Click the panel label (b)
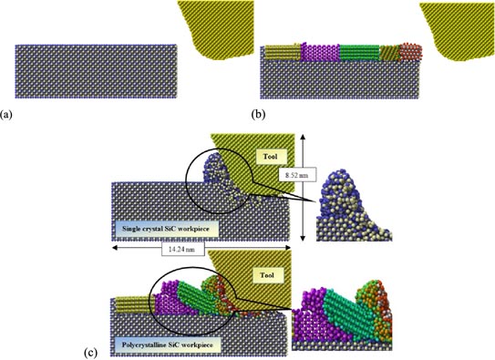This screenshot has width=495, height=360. pos(256,116)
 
